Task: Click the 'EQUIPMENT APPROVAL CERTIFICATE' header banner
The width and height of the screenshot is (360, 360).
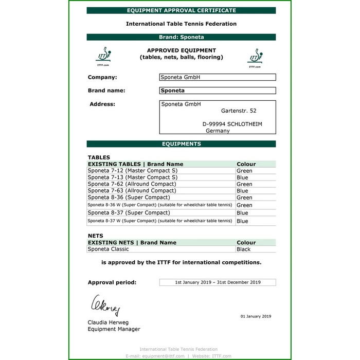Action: coord(181,10)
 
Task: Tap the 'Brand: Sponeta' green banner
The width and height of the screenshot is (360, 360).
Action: coord(181,37)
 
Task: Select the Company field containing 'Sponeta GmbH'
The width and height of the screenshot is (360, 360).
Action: coord(218,77)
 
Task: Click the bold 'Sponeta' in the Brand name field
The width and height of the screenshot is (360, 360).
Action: coord(173,91)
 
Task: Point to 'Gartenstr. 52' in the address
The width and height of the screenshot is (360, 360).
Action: coord(239,111)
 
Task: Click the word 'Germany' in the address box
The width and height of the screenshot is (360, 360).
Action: coord(218,131)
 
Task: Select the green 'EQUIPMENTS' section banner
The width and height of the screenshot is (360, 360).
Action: coord(181,144)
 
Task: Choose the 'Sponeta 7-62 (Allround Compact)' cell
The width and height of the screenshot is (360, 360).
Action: coord(132,184)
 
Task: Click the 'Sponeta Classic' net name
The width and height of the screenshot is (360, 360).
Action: coord(106,249)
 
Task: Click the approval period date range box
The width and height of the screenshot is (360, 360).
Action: coord(218,282)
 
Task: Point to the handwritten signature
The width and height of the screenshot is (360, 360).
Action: coord(106,305)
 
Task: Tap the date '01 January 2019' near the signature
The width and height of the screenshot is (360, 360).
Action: coord(256,316)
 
